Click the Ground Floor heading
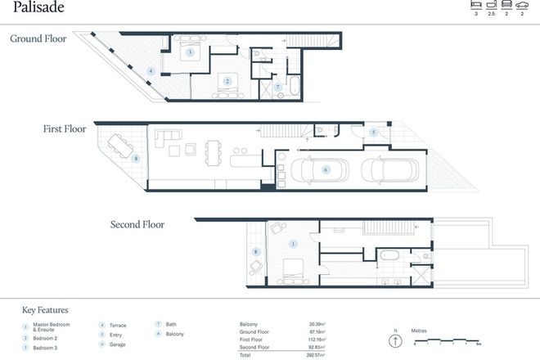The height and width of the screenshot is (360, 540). pos(38,38)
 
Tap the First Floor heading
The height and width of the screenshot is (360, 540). pos(65,128)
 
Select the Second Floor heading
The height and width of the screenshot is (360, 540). pos(137,223)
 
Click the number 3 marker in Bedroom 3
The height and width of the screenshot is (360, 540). pos(189,52)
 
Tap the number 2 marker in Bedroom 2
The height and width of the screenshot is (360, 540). pos(227,81)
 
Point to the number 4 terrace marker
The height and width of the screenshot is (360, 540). pos(151,71)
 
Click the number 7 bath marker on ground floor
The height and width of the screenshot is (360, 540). pos(277,87)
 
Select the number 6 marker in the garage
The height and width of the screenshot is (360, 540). pos(326,170)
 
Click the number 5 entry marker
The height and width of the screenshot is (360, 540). pos(372,133)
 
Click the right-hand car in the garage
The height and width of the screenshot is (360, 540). pos(384,170)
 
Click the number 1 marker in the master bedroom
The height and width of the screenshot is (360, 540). pos(293,244)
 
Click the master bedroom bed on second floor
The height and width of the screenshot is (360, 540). pos(292,268)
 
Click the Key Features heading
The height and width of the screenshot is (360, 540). pos(45,310)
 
